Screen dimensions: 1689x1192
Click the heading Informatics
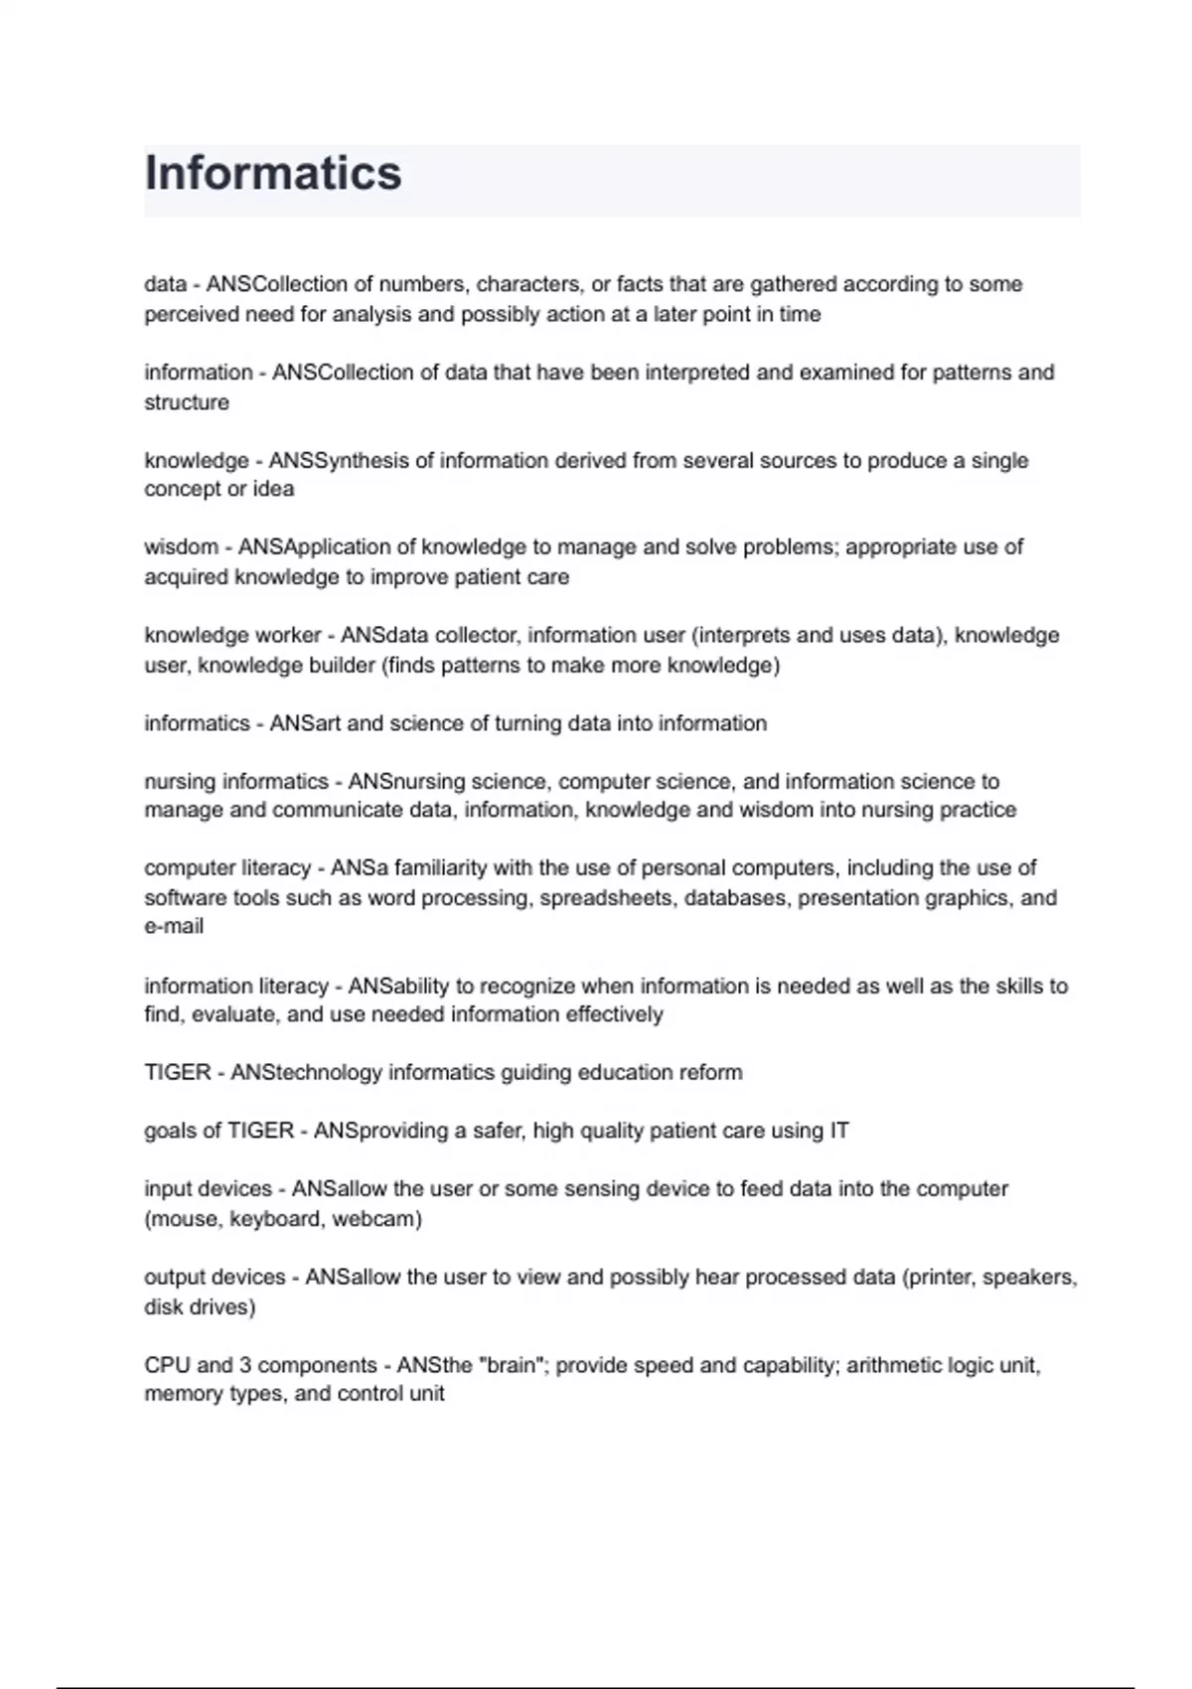pyautogui.click(x=273, y=174)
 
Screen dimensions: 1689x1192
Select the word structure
pyautogui.click(x=187, y=402)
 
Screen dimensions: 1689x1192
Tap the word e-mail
pyautogui.click(x=174, y=927)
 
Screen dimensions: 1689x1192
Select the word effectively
pyautogui.click(x=614, y=1014)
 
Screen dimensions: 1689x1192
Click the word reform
pyautogui.click(x=710, y=1073)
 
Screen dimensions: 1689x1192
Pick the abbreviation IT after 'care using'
pyautogui.click(x=839, y=1131)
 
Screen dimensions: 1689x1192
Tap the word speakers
pyautogui.click(x=1029, y=1277)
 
